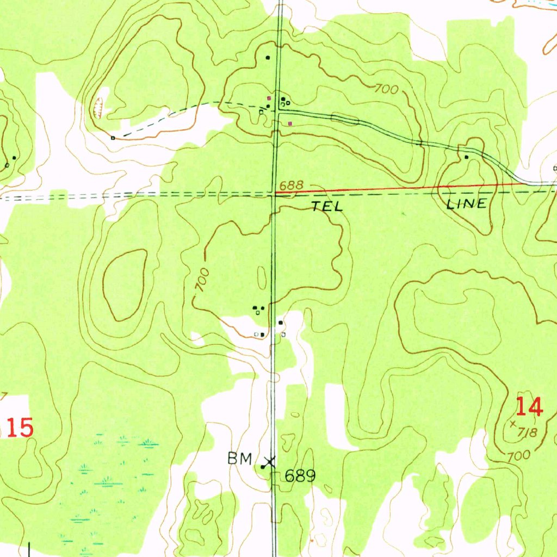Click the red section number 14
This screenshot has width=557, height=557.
click(529, 406)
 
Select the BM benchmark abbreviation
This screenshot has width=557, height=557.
click(239, 459)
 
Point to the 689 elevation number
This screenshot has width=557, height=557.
click(300, 476)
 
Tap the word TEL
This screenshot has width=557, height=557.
click(327, 206)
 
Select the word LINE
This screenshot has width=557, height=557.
click(466, 205)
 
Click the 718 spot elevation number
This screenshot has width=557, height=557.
click(528, 433)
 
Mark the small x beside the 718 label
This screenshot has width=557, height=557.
click(513, 423)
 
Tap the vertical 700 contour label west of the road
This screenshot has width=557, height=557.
click(202, 280)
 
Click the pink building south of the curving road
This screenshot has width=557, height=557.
click(290, 123)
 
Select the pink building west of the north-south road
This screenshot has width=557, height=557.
click(268, 98)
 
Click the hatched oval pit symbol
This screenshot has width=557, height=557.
click(98, 107)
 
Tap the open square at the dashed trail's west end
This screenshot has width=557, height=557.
click(113, 138)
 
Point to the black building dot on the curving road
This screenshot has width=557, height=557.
click(466, 157)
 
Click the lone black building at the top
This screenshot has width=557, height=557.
click(267, 57)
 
